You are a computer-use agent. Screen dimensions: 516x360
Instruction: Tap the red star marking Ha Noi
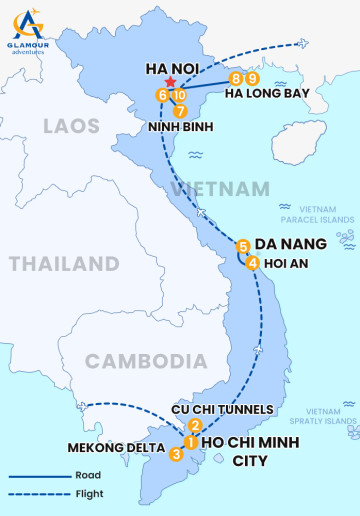(x=171, y=82)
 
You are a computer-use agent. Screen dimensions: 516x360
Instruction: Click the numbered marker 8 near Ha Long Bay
(x=236, y=78)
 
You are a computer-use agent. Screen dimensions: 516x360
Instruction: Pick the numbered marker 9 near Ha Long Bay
(x=253, y=78)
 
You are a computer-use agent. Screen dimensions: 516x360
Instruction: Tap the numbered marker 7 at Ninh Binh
(x=180, y=111)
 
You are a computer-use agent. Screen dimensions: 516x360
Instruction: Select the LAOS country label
(x=71, y=126)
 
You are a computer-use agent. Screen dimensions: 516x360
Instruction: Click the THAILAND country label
(x=64, y=264)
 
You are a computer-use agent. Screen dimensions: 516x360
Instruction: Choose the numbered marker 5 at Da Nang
(x=243, y=245)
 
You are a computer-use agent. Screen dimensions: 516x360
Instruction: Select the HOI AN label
(x=287, y=263)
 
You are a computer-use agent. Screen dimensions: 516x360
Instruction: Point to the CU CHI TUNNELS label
(x=222, y=409)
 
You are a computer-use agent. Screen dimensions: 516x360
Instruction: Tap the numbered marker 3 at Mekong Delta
(x=176, y=454)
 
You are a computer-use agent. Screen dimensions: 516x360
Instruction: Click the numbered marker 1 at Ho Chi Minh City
(x=189, y=441)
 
